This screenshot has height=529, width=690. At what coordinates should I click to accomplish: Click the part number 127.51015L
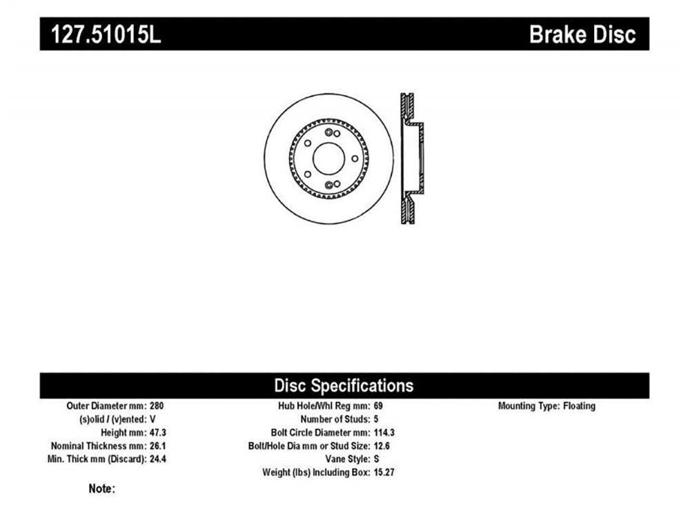point(106,34)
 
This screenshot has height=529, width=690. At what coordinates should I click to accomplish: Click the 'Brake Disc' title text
point(582,34)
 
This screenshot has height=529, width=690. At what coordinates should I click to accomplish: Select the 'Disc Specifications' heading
point(344,386)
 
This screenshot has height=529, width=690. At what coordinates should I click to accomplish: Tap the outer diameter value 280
point(157,406)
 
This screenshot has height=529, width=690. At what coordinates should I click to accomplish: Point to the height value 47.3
point(158,432)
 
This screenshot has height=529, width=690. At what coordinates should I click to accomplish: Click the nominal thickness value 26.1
point(158,446)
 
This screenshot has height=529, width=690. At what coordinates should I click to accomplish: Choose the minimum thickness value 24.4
point(158,459)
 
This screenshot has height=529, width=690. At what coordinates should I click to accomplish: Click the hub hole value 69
point(378,406)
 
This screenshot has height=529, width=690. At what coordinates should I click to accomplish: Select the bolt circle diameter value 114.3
point(384,432)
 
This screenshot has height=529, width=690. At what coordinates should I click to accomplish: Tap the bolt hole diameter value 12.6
point(382,446)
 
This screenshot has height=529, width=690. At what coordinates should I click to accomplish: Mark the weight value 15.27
point(384,472)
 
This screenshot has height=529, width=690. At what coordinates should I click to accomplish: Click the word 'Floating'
point(579,406)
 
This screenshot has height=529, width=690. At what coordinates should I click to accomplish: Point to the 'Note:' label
point(101,488)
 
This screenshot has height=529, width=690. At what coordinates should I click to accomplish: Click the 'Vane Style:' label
point(348,459)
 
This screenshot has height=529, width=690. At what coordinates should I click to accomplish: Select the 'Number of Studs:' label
point(335,419)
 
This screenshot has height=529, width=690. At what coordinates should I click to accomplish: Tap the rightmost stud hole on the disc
point(355,159)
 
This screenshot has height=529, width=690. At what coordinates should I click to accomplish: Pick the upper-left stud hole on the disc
point(308,143)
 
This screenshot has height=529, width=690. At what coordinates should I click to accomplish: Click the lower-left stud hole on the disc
point(308,174)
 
